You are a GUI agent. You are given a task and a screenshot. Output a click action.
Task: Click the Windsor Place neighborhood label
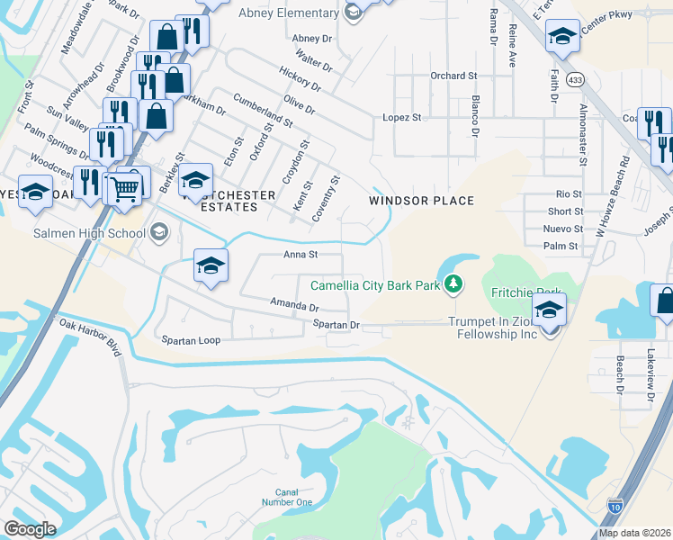421,201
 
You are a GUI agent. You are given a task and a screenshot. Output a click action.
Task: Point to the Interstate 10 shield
615,507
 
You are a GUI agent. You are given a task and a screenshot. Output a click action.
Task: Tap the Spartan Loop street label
191,341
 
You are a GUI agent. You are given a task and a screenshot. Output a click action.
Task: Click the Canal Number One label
287,497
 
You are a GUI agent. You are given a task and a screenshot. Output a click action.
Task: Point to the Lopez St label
402,118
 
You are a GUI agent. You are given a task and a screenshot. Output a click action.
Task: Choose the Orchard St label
453,76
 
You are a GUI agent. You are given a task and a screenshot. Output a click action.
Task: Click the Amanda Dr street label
295,306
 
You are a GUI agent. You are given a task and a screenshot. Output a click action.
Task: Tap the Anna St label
301,255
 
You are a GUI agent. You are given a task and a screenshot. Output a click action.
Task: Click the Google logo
30,529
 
